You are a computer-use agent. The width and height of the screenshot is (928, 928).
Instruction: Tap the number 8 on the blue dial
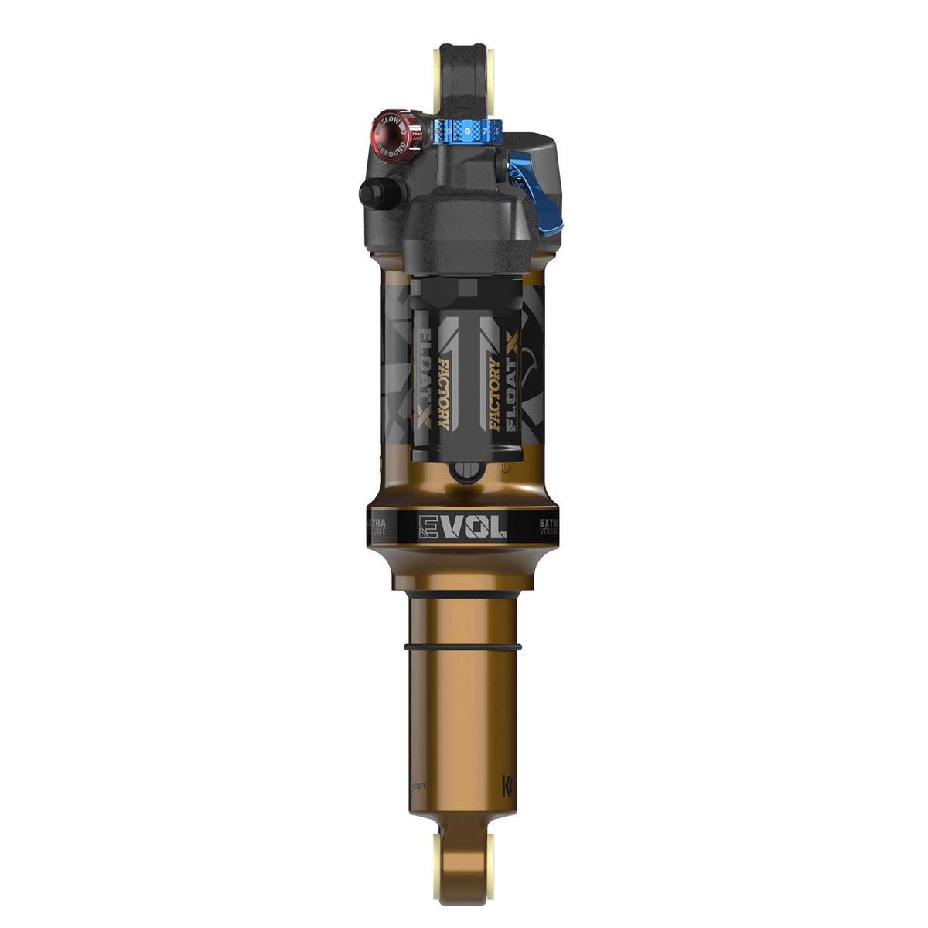point(467,132)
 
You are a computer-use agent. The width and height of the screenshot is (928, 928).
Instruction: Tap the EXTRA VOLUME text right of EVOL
point(550,527)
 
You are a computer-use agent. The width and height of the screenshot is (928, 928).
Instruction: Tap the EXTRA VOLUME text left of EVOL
point(380,527)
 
